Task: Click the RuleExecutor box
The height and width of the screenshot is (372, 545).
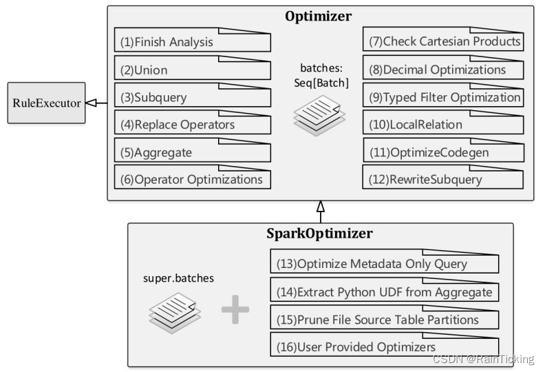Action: tap(45, 103)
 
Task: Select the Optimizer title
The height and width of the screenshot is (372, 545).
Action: tap(319, 17)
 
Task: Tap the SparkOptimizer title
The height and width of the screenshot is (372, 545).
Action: tap(319, 234)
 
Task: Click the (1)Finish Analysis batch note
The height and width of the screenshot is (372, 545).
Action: tap(193, 42)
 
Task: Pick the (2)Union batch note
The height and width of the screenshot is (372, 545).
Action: tap(193, 70)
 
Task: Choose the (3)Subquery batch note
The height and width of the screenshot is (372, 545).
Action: tap(193, 97)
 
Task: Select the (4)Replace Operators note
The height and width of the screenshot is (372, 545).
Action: tap(193, 125)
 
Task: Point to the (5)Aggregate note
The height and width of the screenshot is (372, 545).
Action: tap(193, 152)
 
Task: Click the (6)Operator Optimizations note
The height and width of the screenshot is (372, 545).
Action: tap(193, 179)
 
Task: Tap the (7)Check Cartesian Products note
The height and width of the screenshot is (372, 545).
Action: tap(442, 42)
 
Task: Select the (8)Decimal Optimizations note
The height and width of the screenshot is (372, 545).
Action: tap(442, 70)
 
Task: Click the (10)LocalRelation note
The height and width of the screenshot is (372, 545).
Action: tap(442, 125)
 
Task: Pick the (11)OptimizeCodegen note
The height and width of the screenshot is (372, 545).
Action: tap(442, 152)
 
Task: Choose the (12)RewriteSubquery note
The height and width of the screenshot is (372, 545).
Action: tap(442, 179)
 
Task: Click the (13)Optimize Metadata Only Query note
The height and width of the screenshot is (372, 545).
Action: tap(384, 264)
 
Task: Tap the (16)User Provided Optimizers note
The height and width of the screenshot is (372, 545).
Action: tap(384, 346)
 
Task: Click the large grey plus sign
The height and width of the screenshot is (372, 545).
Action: tap(235, 310)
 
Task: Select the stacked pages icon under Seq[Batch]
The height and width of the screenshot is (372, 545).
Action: tap(317, 114)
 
